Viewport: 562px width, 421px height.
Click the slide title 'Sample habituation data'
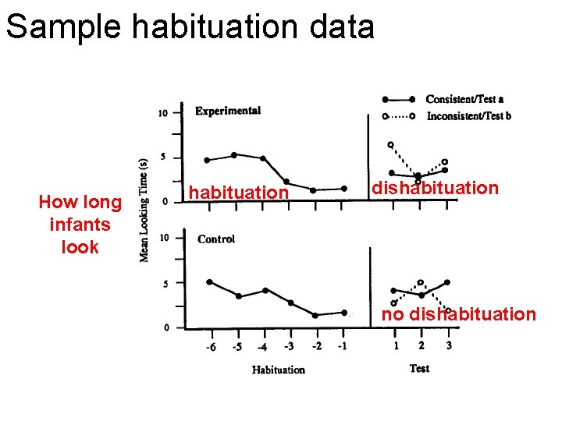point(190,27)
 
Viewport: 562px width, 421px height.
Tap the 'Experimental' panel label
point(228,111)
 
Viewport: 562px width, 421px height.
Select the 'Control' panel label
point(216,239)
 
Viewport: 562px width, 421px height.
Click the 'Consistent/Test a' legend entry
point(464,99)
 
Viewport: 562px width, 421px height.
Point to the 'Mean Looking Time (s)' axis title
point(144,210)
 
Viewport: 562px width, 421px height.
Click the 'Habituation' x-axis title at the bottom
point(278,370)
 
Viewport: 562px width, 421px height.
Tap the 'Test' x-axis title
point(419,368)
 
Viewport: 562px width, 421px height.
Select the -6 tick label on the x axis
point(211,347)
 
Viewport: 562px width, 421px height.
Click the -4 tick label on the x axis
point(264,347)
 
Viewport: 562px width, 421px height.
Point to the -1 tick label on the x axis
point(343,347)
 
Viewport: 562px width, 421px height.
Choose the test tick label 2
point(421,345)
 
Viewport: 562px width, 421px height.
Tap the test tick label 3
point(449,345)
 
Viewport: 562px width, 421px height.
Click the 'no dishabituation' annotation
point(459,315)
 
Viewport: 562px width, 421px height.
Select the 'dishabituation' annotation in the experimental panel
point(434,188)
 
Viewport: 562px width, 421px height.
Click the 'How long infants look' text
point(80,225)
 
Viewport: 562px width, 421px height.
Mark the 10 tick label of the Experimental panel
point(162,113)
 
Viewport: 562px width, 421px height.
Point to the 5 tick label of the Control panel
point(165,284)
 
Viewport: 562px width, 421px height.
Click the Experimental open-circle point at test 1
point(391,145)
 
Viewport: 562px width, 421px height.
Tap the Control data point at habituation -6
point(209,281)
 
